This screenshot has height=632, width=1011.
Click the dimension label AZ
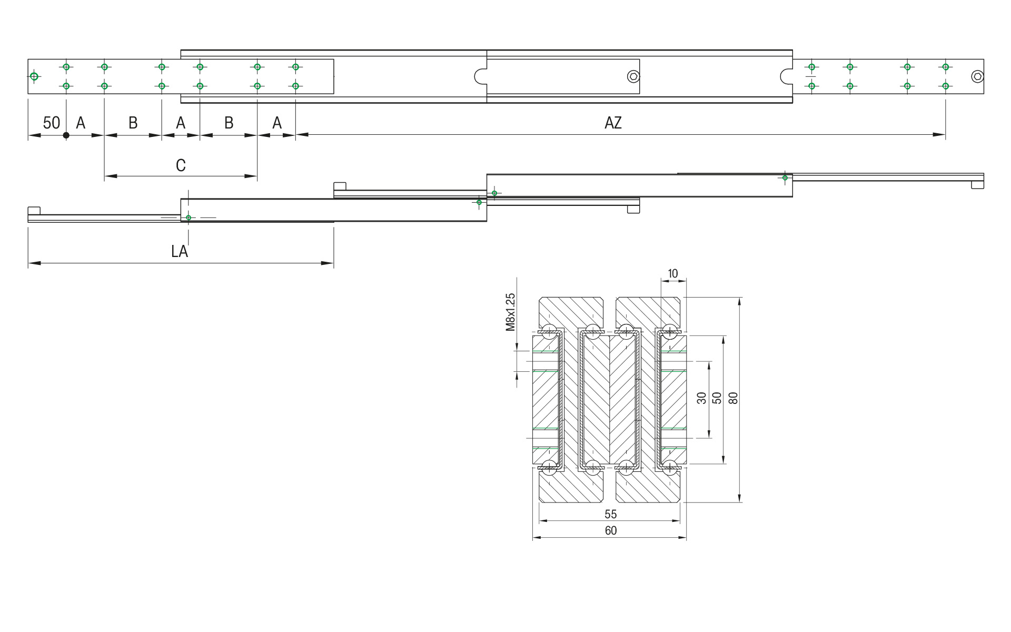click(613, 123)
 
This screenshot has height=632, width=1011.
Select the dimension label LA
click(180, 251)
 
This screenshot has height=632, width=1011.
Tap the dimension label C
click(181, 165)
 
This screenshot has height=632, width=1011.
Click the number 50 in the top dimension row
click(51, 123)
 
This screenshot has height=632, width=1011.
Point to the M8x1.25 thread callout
click(510, 312)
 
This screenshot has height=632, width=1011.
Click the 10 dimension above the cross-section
click(672, 273)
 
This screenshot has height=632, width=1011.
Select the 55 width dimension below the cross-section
click(610, 513)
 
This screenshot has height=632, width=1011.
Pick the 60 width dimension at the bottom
click(610, 530)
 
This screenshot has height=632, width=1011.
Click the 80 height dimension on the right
click(734, 398)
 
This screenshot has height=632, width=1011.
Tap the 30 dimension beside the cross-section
click(701, 398)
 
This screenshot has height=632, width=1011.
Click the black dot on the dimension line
click(66, 135)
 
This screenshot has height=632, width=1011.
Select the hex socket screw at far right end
click(977, 76)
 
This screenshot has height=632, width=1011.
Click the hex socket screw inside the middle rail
click(633, 77)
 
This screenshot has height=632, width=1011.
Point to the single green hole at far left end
click(34, 76)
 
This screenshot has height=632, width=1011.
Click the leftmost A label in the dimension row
click(81, 123)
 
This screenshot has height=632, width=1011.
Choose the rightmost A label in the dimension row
click(277, 123)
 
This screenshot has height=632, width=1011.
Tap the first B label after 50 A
click(133, 123)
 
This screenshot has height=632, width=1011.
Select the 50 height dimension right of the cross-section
click(717, 398)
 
